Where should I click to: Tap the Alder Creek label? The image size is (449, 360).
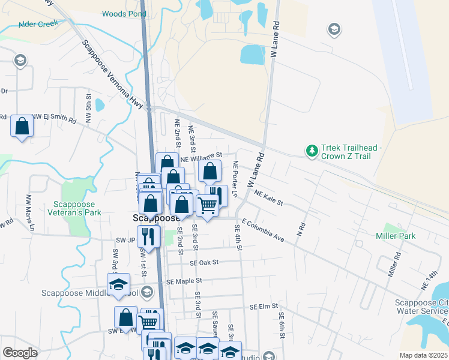(x=39, y=24)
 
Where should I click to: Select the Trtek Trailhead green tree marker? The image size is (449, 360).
(x=312, y=150)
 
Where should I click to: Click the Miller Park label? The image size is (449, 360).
(x=396, y=236)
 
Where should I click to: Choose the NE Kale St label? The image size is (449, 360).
(x=268, y=197)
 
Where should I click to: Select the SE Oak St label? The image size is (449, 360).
(x=204, y=262)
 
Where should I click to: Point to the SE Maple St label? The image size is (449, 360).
(x=184, y=280)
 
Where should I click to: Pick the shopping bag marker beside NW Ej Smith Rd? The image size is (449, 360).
(x=22, y=127)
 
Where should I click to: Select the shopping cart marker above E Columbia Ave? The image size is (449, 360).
(x=207, y=205)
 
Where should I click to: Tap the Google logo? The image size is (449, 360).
(x=20, y=353)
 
